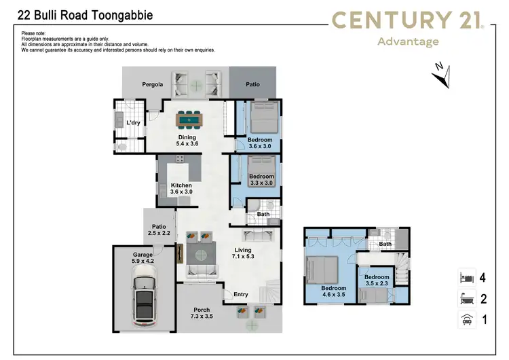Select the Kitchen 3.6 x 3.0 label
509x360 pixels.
[181, 188]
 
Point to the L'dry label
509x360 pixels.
[133, 122]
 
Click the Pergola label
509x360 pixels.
[153, 85]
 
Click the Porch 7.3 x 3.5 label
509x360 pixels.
[202, 313]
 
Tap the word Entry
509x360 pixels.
[241, 294]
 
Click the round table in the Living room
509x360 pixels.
[201, 255]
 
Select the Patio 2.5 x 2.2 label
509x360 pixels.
[159, 230]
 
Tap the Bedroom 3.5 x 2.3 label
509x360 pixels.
[377, 281]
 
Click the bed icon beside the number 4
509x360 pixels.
[466, 278]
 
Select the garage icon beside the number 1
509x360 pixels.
[466, 319]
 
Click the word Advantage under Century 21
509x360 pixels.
[407, 41]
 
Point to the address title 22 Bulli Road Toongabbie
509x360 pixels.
[85, 14]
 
